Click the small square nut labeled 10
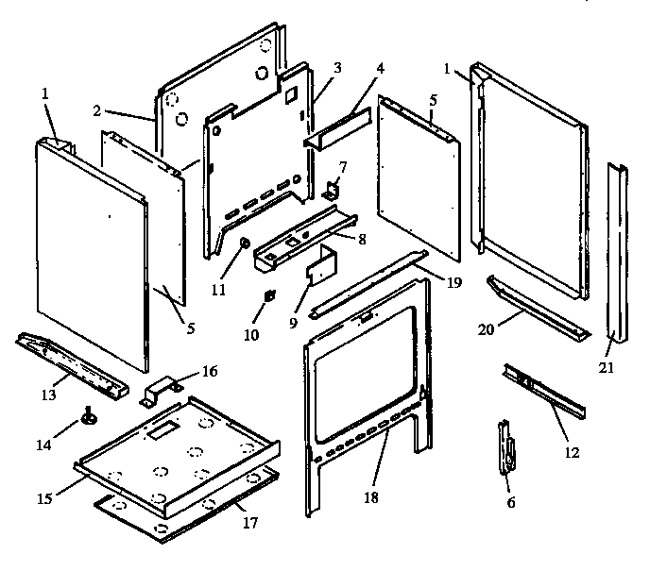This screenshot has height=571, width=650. click(268, 295)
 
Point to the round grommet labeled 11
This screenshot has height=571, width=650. click(244, 244)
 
